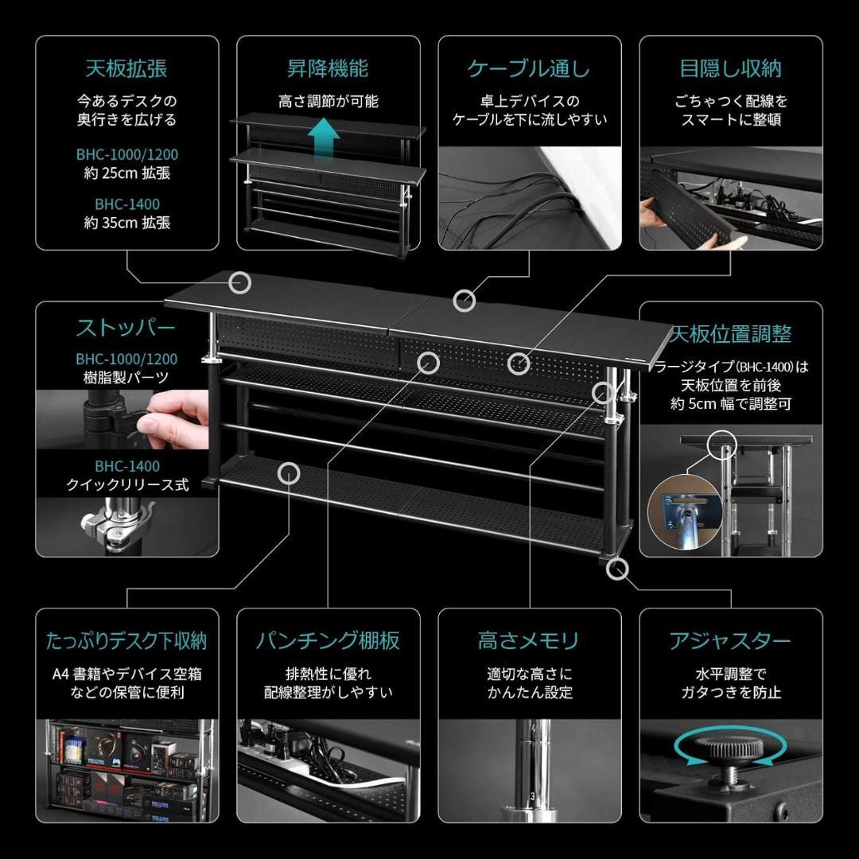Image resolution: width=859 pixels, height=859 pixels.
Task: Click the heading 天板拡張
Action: click(x=126, y=68)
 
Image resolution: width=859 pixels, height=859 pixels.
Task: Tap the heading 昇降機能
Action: click(x=328, y=68)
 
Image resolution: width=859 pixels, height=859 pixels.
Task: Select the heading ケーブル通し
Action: click(x=529, y=68)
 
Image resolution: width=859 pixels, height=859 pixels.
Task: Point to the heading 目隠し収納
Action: click(x=730, y=68)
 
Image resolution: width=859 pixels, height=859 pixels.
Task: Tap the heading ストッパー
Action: click(x=126, y=328)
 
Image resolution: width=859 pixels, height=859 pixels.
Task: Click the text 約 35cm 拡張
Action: click(x=126, y=223)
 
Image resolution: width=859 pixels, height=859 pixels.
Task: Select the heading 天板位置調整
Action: click(x=731, y=333)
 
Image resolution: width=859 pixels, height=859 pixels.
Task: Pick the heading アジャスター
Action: click(x=730, y=641)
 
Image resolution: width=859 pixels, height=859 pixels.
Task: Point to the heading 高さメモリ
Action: click(x=529, y=641)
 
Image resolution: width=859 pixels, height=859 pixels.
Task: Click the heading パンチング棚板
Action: click(x=328, y=641)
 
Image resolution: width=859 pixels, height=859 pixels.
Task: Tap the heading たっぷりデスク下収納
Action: click(x=126, y=641)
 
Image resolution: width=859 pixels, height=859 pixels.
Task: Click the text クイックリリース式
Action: click(x=126, y=485)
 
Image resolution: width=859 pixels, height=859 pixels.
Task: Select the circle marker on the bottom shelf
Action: click(x=288, y=473)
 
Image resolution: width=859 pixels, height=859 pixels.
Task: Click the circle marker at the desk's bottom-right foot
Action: click(x=618, y=568)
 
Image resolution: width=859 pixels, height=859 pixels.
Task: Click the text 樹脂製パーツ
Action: click(x=126, y=379)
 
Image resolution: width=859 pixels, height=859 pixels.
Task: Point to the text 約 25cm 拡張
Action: click(x=126, y=173)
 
